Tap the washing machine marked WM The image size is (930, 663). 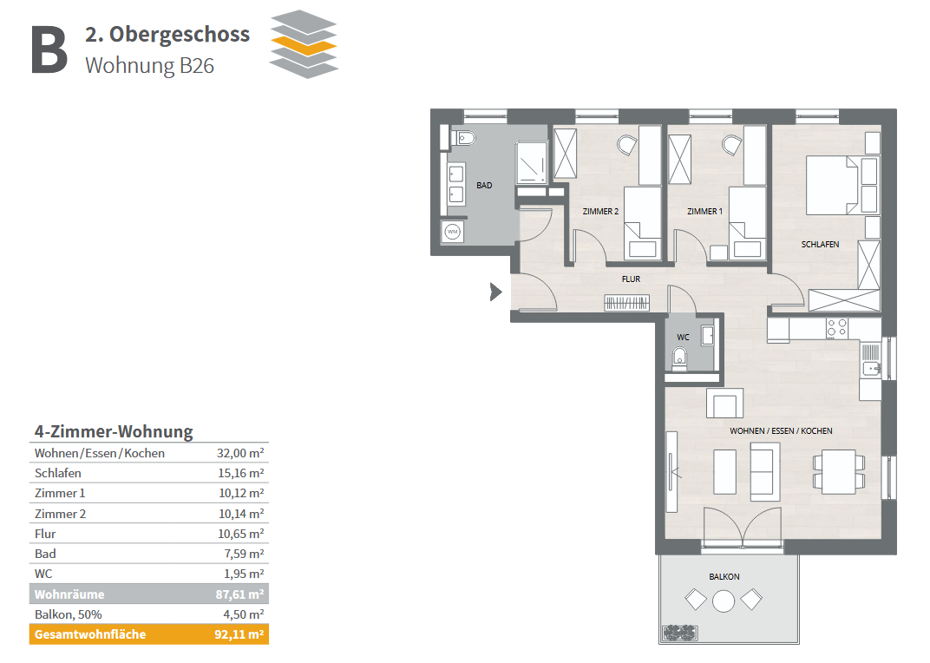453,232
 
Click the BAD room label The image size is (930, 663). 484,185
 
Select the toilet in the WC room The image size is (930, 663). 679,358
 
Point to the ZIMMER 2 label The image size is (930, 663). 600,211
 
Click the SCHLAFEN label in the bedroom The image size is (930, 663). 820,245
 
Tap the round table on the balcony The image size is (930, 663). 723,601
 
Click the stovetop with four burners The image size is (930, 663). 837,328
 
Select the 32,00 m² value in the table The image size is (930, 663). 240,453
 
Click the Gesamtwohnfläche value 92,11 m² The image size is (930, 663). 239,633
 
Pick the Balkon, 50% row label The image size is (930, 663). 69,614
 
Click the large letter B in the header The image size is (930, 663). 49,49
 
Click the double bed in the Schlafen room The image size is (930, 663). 832,185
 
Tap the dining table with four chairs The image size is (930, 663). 839,472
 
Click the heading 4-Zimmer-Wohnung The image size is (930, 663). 114,431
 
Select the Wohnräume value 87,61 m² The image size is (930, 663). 239,594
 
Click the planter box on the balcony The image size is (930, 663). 679,633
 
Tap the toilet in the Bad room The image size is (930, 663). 462,139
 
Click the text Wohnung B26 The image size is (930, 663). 149,66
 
